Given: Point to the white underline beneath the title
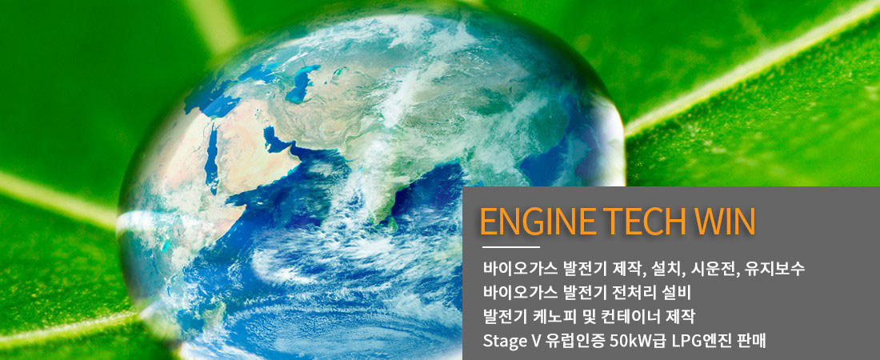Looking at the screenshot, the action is click(x=510, y=246).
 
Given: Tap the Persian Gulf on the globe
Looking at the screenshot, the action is click(x=276, y=142).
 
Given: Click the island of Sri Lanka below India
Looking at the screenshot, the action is click(x=393, y=224).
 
